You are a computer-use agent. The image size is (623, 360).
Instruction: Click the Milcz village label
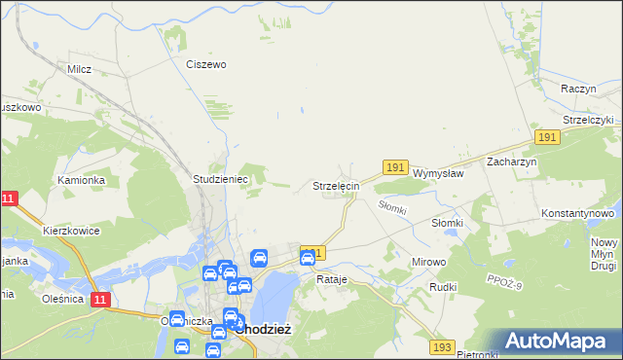click(79, 69)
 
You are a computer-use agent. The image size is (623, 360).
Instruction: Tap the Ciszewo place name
click(205, 64)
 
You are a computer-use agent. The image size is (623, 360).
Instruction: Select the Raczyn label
click(577, 88)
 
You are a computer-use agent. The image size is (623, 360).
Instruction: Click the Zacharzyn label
click(512, 162)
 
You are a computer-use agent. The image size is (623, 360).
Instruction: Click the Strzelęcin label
click(336, 185)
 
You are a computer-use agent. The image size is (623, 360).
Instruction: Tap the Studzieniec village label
click(222, 180)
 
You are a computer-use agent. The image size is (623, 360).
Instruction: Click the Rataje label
click(332, 279)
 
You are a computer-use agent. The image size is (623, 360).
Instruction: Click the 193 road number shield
click(443, 346)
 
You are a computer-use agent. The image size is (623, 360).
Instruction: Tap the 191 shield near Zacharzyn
click(546, 138)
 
